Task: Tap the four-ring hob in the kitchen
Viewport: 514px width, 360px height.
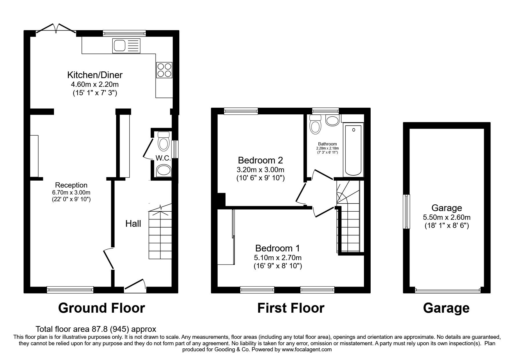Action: pyautogui.click(x=164, y=70)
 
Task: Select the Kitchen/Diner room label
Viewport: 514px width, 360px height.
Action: pyautogui.click(x=95, y=75)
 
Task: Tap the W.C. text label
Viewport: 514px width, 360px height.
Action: pyautogui.click(x=163, y=158)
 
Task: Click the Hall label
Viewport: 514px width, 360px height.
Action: pyautogui.click(x=133, y=224)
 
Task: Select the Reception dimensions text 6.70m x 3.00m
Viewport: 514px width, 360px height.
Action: pyautogui.click(x=71, y=192)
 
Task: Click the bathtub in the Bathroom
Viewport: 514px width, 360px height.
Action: pyautogui.click(x=353, y=150)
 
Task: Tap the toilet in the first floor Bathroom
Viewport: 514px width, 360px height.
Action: pyautogui.click(x=315, y=124)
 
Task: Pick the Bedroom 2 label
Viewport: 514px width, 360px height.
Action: pyautogui.click(x=260, y=160)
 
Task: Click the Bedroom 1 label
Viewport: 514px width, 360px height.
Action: pyautogui.click(x=277, y=248)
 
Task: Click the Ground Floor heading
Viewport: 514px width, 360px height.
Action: pyautogui.click(x=101, y=308)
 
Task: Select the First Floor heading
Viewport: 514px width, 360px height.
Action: pyautogui.click(x=291, y=308)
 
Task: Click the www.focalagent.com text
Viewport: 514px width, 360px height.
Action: pyautogui.click(x=306, y=350)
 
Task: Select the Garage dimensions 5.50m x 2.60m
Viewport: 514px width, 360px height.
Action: pyautogui.click(x=447, y=217)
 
